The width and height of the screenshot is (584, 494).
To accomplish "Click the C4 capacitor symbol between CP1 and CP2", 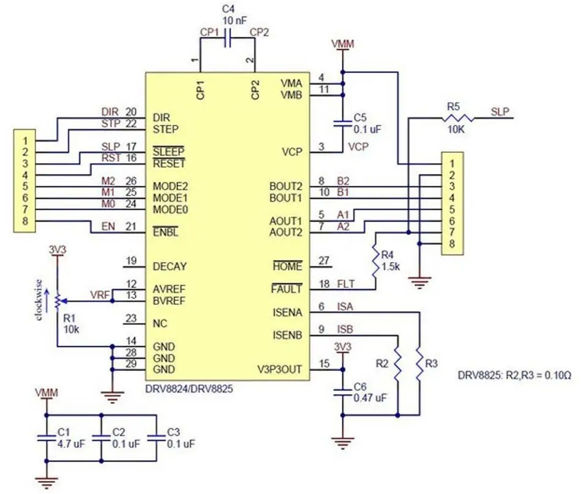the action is [x=227, y=39].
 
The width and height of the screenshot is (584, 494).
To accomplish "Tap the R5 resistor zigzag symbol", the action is [x=458, y=119].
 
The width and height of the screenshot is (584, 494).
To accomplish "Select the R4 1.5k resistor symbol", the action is [x=376, y=261].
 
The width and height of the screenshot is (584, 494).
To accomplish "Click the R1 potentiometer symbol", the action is [x=57, y=301].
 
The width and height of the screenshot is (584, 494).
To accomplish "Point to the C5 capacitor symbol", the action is [x=342, y=124].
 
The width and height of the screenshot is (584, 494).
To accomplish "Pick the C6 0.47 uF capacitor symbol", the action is [x=342, y=392].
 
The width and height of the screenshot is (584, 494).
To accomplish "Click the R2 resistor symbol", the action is [x=397, y=364].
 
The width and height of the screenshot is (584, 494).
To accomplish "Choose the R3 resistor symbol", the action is [x=420, y=364].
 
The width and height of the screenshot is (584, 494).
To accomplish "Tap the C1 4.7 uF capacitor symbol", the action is [x=46, y=438].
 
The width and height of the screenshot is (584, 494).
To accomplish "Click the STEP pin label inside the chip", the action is [x=166, y=129].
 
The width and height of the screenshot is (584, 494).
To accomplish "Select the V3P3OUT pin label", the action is [x=279, y=370].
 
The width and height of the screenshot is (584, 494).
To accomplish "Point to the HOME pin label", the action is [x=287, y=266].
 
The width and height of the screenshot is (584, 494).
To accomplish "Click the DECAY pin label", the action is [x=169, y=266].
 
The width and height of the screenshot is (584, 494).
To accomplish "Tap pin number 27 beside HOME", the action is [x=324, y=260].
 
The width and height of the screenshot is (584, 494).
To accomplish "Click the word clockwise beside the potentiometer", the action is [x=39, y=299].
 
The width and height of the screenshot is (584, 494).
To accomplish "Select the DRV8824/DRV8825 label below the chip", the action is [x=189, y=389].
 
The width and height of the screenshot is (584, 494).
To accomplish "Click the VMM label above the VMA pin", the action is [x=342, y=44].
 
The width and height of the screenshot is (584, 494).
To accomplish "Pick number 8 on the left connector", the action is [x=25, y=221].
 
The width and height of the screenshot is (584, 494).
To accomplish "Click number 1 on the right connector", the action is [x=452, y=163].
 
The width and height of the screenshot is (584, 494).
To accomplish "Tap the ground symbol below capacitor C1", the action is [x=46, y=482].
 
